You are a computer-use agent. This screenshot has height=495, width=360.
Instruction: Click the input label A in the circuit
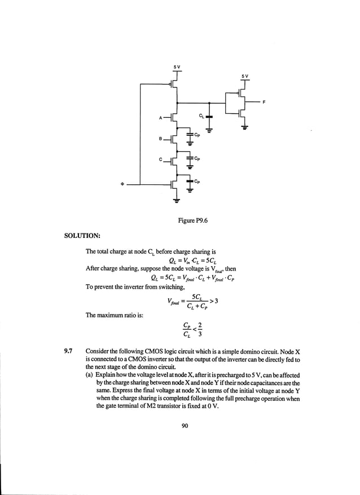tap(160, 118)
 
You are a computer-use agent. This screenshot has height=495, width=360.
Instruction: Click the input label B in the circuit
tap(160, 139)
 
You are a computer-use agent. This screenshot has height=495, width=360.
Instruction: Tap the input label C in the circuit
tap(160, 160)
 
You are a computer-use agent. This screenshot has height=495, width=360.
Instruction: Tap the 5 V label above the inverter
tap(244, 76)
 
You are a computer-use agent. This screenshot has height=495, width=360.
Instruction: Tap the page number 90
tap(185, 426)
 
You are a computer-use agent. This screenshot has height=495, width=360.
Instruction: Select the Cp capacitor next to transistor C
tap(190, 158)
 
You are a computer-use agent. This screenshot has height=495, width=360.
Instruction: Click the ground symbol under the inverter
tap(244, 127)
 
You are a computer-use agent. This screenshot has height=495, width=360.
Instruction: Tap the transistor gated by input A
tap(173, 118)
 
